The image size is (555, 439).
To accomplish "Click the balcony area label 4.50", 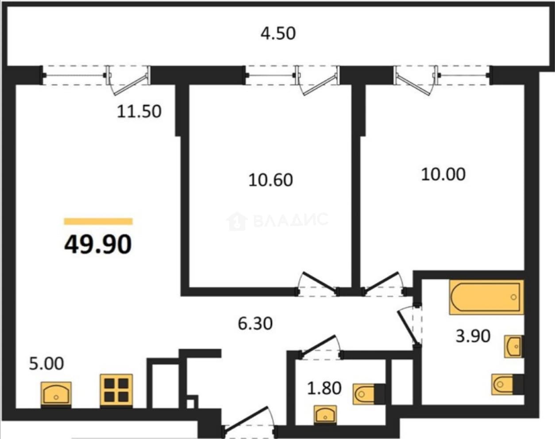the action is [278, 34].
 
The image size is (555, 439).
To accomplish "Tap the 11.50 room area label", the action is [139, 112].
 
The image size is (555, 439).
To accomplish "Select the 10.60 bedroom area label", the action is [270, 180].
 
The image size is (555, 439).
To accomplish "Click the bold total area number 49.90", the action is [98, 244].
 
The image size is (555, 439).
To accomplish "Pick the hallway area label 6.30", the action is [255, 323].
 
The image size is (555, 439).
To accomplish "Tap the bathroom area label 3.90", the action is [473, 336].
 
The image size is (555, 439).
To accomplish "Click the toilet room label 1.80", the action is [324, 388].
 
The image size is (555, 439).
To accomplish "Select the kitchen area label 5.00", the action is [46, 364].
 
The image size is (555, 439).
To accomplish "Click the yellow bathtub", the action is [486, 297].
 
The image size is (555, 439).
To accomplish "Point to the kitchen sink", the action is [56, 393].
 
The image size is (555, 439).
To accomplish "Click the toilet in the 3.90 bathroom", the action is [507, 392].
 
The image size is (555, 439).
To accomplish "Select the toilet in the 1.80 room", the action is [369, 394].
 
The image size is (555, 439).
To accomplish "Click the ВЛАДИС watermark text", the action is [291, 219].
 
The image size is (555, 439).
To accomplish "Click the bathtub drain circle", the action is [513, 297].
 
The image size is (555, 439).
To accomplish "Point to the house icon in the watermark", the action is [237, 221].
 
